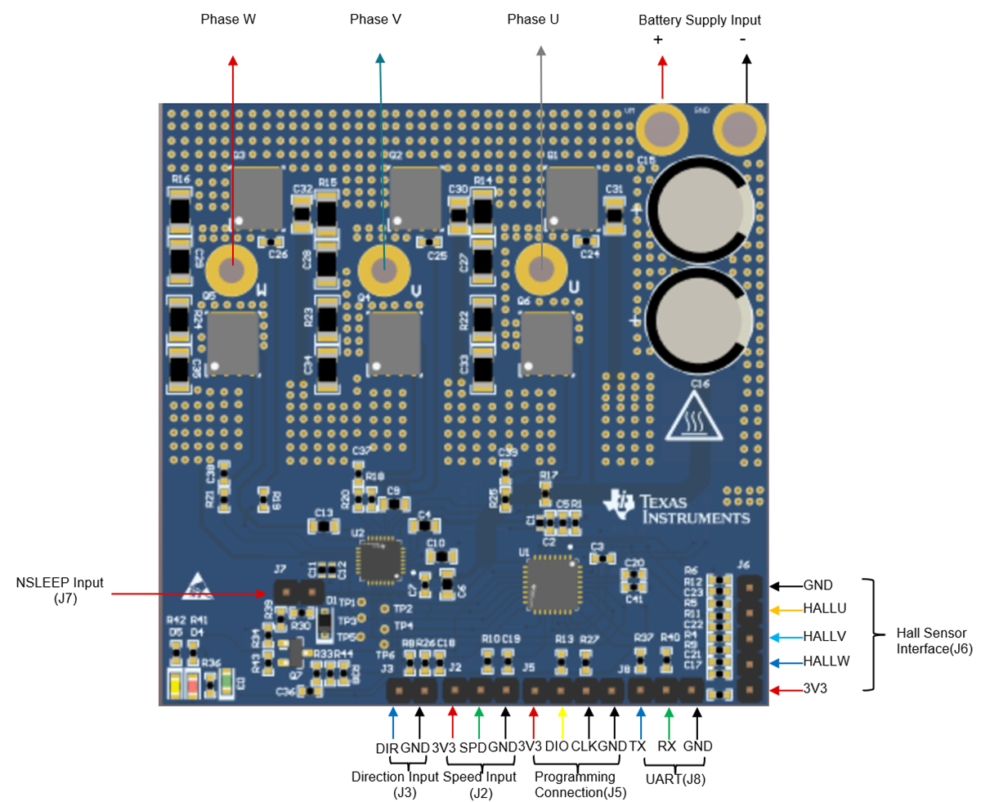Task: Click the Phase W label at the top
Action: [228, 19]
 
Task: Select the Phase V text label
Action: [375, 19]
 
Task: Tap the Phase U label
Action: [533, 19]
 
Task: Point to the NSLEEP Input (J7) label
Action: [60, 590]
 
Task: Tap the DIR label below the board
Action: [387, 746]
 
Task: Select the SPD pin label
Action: [473, 746]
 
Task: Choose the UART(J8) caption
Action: [675, 779]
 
